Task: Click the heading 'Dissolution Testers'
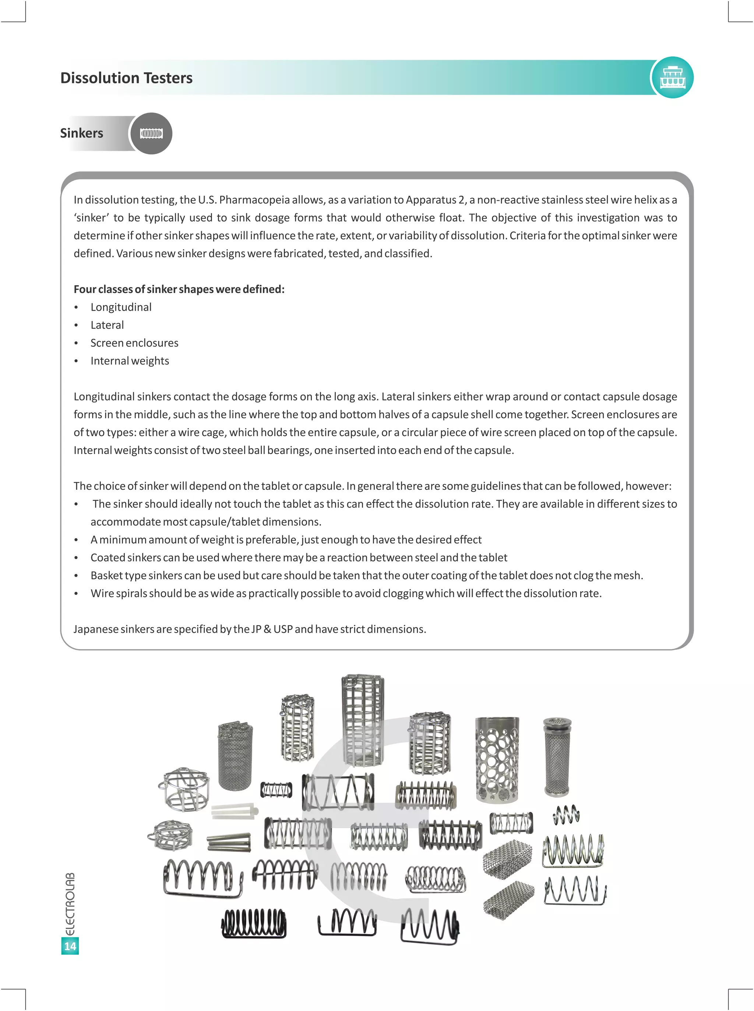pos(126,78)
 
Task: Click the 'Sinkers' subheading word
pos(81,133)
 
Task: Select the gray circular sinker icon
pos(151,133)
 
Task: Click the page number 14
pos(70,946)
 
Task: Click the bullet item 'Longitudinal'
pos(121,307)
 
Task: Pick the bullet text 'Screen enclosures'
pos(134,343)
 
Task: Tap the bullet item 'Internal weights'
pos(130,360)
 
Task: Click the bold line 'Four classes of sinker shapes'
pos(179,289)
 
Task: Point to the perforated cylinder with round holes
pos(497,759)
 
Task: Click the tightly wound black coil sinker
pos(254,923)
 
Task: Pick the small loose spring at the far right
pos(566,815)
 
